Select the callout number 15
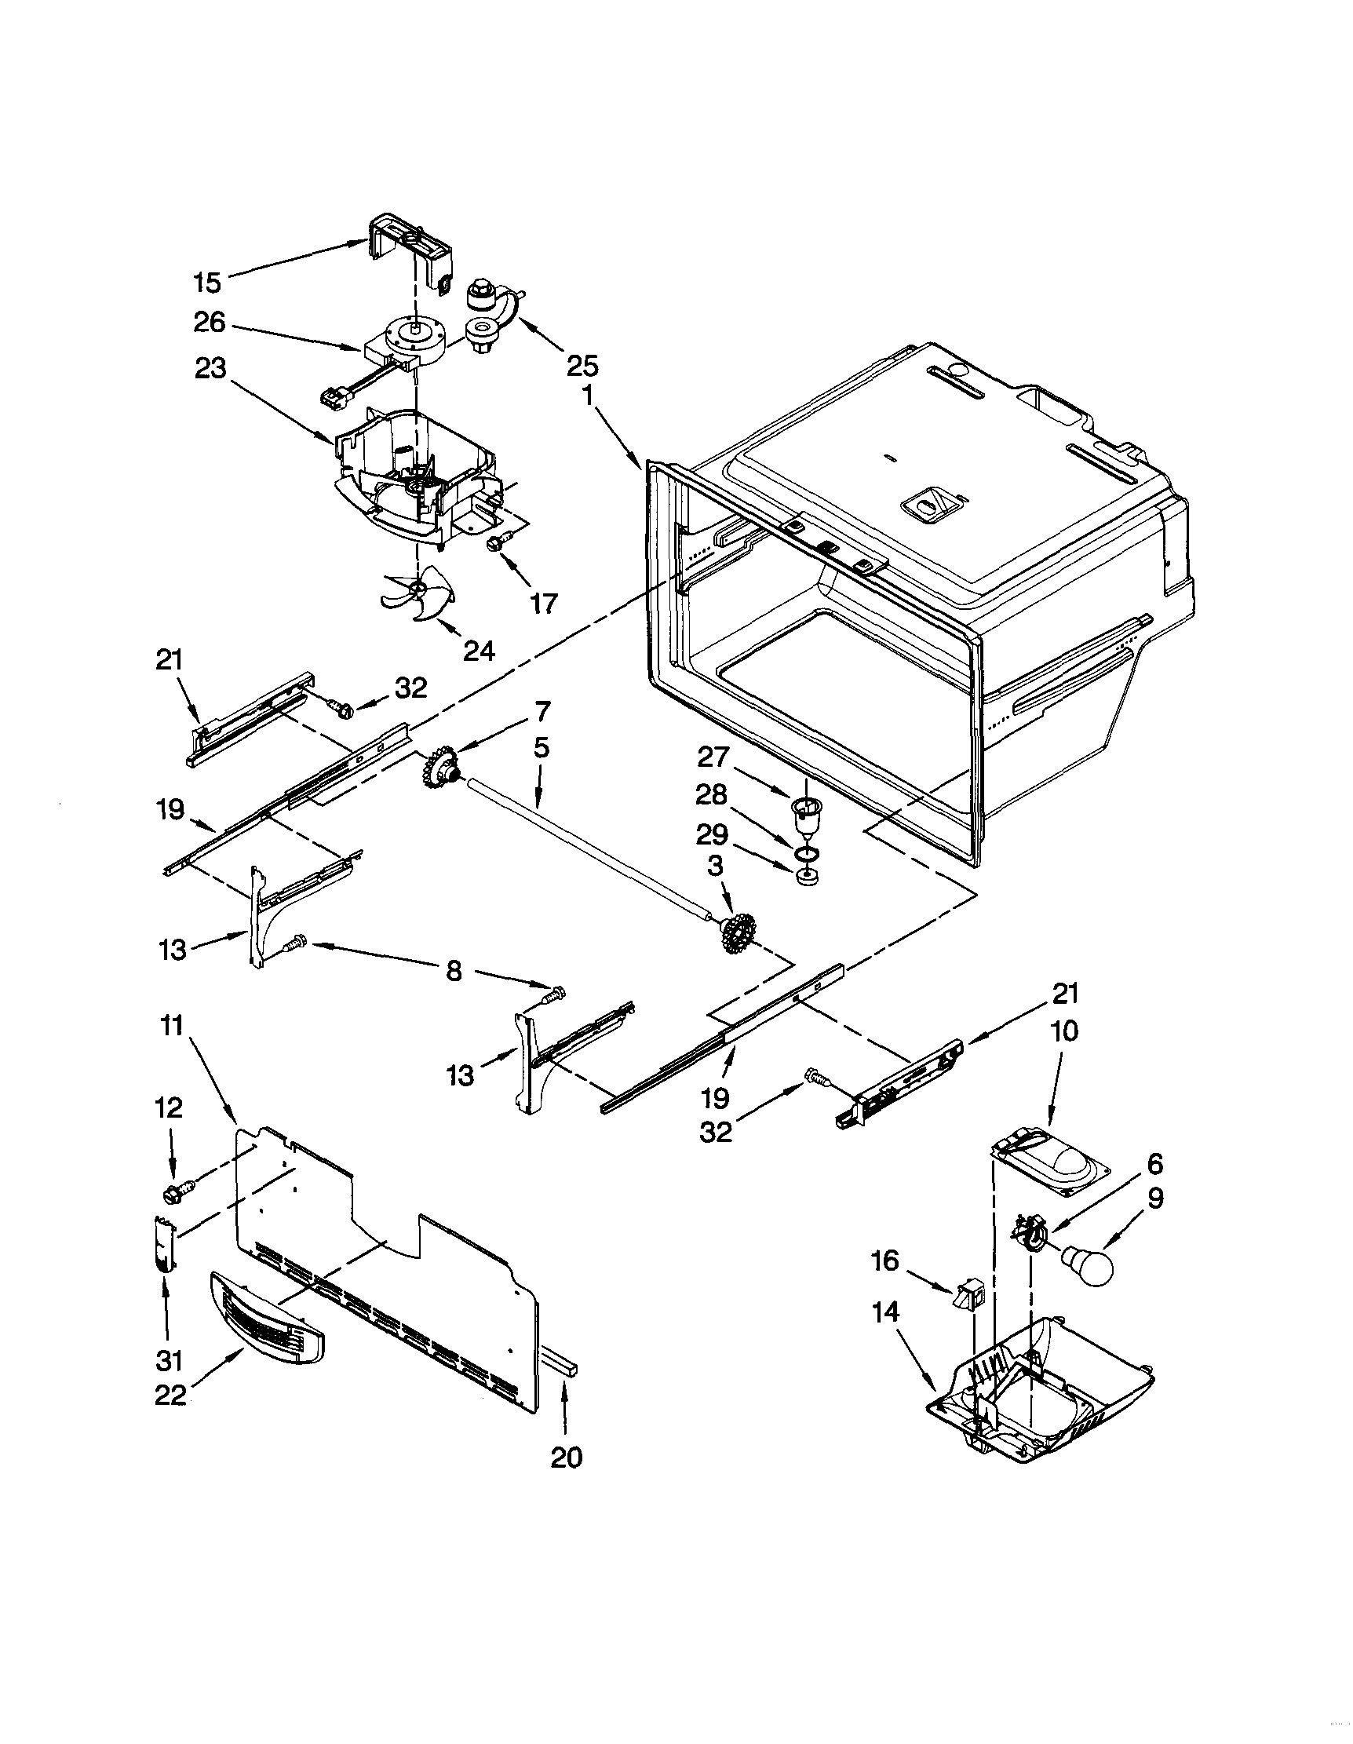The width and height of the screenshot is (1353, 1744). click(x=206, y=282)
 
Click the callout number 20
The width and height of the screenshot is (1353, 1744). click(x=566, y=1458)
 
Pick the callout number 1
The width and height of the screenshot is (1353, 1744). click(x=588, y=397)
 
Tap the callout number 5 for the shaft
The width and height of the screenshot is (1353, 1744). click(x=542, y=748)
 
